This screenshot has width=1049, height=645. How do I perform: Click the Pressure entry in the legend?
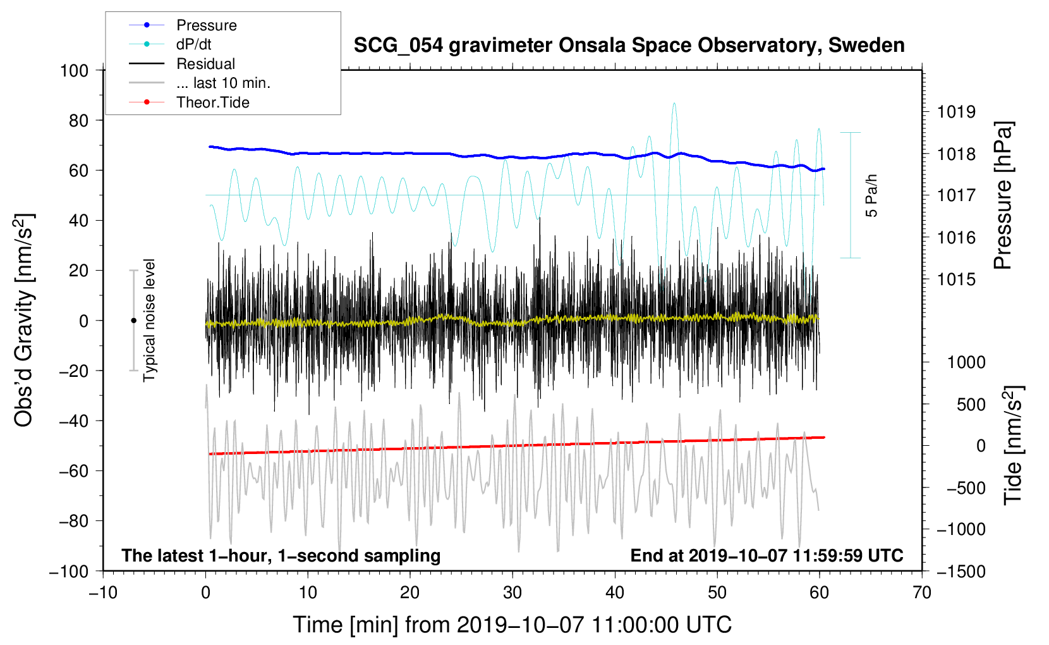(x=206, y=25)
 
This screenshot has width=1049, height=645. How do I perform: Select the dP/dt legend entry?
(x=193, y=44)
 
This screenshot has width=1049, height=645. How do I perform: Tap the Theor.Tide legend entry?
(x=212, y=102)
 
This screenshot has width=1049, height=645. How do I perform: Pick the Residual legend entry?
(x=205, y=64)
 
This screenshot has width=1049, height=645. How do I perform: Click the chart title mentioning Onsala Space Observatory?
(x=629, y=46)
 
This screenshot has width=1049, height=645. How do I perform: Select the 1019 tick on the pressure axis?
(x=956, y=112)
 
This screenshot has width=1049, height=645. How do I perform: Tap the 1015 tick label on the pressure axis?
(x=956, y=279)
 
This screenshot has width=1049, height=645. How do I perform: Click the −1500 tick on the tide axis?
(x=961, y=571)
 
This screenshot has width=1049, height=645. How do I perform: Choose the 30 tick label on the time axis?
(x=512, y=593)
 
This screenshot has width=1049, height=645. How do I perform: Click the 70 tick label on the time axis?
(x=922, y=593)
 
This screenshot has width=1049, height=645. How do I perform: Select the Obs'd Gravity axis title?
(x=24, y=320)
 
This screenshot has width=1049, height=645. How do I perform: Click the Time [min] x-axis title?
(x=512, y=625)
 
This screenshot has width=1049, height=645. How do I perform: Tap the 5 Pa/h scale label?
(x=871, y=195)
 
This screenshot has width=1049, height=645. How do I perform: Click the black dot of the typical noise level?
(x=133, y=321)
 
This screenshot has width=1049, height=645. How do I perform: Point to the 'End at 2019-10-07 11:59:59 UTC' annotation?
(x=767, y=555)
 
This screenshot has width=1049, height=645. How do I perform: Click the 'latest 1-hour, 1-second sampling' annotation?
(x=281, y=555)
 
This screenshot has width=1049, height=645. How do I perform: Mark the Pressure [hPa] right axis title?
(x=1002, y=195)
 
